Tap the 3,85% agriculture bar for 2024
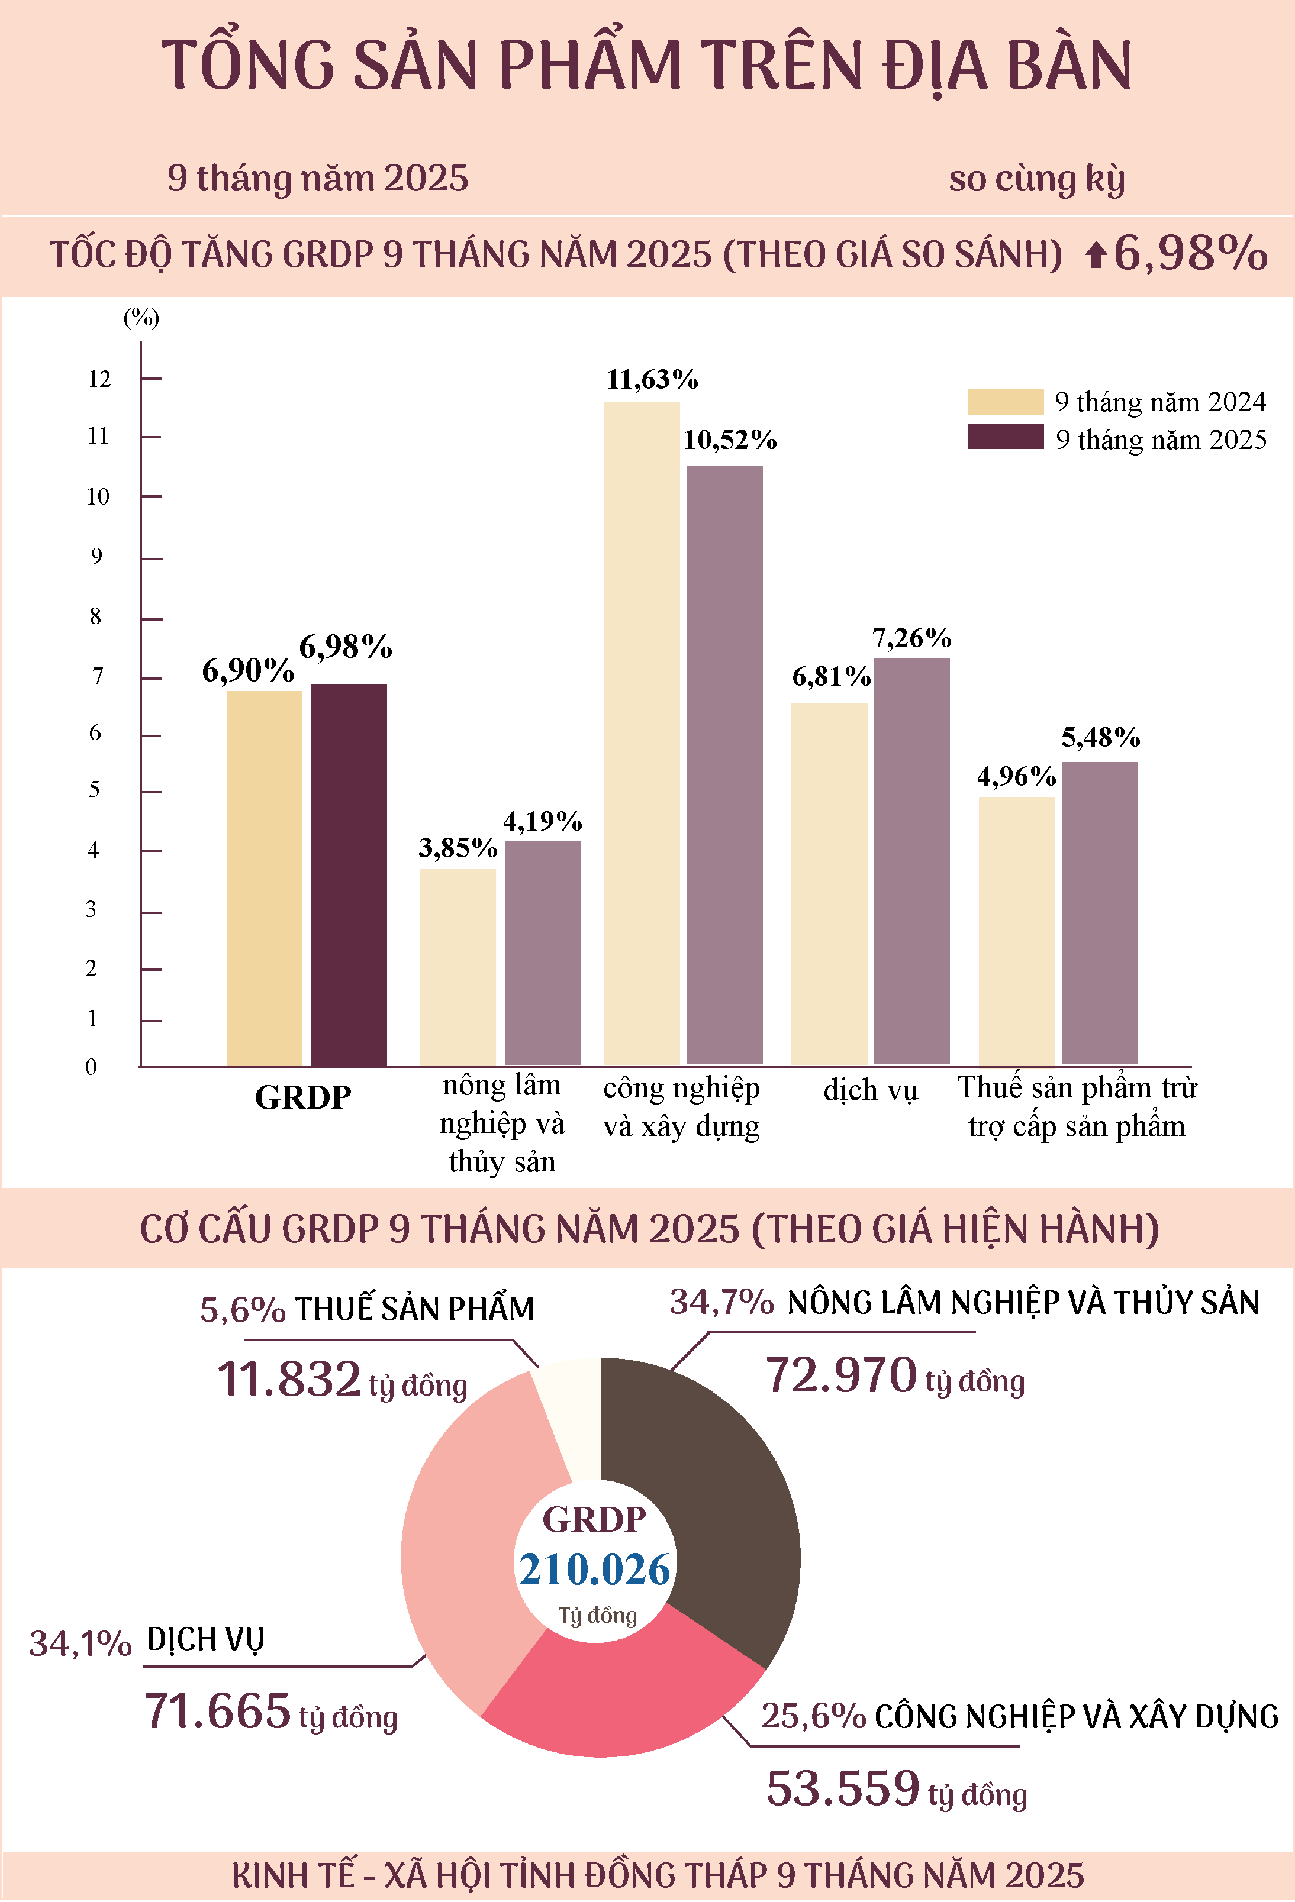tap(458, 967)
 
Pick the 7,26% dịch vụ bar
tap(912, 861)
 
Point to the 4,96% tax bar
tap(1017, 931)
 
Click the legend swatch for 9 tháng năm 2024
tap(1005, 402)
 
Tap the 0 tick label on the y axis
tap(91, 1067)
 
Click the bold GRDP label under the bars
tap(303, 1097)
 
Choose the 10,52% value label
tap(730, 440)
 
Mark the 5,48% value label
tap(1101, 737)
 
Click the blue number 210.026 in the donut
tap(595, 1570)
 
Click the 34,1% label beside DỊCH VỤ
tap(80, 1643)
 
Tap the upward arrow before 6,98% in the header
tap(1096, 256)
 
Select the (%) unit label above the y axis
tap(141, 318)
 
